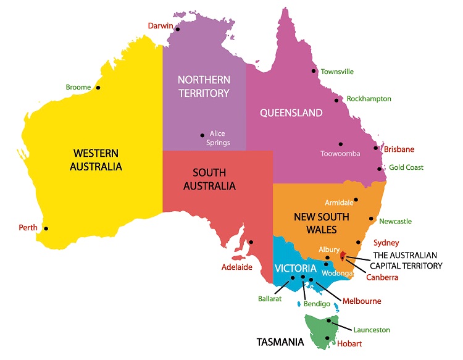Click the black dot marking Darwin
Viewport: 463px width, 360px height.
pyautogui.click(x=177, y=29)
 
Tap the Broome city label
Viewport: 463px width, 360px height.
pyautogui.click(x=78, y=87)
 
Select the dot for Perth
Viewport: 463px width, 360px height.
pyautogui.click(x=46, y=228)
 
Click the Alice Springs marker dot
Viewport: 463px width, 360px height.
pyautogui.click(x=202, y=135)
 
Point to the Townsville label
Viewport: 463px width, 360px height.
pyautogui.click(x=336, y=72)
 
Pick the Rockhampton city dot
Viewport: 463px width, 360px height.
pyautogui.click(x=336, y=100)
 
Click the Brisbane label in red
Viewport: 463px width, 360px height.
pyautogui.click(x=399, y=149)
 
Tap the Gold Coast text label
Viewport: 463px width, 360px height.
pyautogui.click(x=406, y=167)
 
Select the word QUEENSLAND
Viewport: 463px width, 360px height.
pyautogui.click(x=291, y=113)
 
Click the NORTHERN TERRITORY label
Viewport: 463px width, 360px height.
pyautogui.click(x=203, y=86)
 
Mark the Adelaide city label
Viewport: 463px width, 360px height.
pyautogui.click(x=237, y=267)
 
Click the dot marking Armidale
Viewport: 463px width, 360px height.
pyautogui.click(x=356, y=200)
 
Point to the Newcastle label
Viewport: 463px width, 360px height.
pyautogui.click(x=395, y=221)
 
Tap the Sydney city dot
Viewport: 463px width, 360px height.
pyautogui.click(x=358, y=243)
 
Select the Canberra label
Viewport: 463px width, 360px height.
pyautogui.click(x=382, y=277)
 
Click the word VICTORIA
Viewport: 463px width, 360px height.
pyautogui.click(x=296, y=269)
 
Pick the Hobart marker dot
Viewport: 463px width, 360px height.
pyautogui.click(x=327, y=338)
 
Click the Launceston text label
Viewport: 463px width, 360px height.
pyautogui.click(x=372, y=330)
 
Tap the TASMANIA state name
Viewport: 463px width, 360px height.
pyautogui.click(x=280, y=341)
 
